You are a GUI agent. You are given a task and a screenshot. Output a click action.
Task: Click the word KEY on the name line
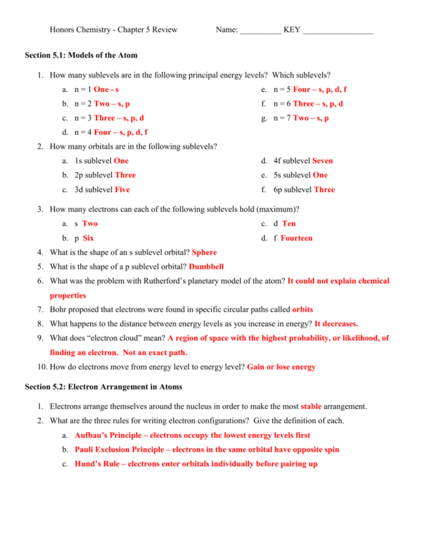pos(291,29)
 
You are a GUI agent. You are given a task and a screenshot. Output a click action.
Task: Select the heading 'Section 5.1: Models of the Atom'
pos(81,55)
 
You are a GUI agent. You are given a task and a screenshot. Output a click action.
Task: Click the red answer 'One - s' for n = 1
pos(106,89)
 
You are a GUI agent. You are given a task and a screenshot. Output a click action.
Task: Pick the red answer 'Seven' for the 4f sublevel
pos(322,161)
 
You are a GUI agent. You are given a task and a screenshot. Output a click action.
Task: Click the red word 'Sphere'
pos(204,252)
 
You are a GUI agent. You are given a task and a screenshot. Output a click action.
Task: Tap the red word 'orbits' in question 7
pos(303,310)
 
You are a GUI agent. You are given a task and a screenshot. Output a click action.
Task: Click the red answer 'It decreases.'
pos(336,324)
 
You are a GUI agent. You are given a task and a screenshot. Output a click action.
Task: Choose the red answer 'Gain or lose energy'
pos(281,367)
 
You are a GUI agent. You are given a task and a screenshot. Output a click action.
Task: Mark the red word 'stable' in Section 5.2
pos(311,406)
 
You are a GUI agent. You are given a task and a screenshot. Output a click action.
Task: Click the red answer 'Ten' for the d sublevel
pos(289,224)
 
